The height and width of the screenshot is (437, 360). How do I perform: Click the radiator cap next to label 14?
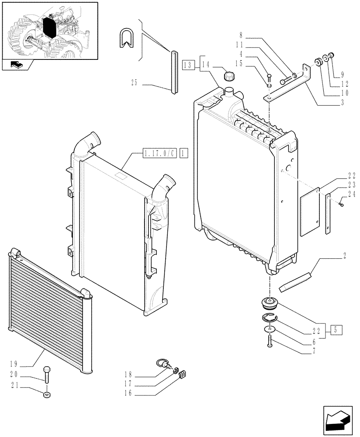[x=229, y=76]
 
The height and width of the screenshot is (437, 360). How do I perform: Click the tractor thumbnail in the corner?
[x=49, y=31]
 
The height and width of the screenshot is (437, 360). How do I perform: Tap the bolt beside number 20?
[x=47, y=374]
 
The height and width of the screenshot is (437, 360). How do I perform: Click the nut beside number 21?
[x=47, y=395]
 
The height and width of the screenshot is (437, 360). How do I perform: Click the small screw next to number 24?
[x=342, y=202]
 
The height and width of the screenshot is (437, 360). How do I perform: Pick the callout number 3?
[x=344, y=103]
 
